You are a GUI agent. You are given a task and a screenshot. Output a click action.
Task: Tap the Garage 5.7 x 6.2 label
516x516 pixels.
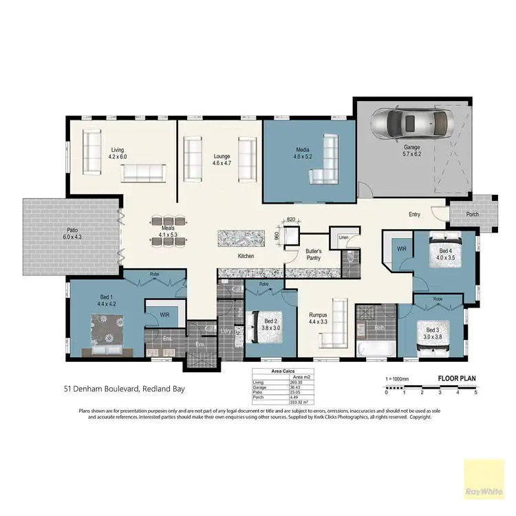tap(412, 151)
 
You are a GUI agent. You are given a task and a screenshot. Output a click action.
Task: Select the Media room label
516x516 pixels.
tap(303, 153)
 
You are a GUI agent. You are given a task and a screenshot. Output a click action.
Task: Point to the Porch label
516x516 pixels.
tap(473, 214)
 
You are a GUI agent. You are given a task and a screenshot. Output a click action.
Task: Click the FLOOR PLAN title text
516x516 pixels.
tap(458, 378)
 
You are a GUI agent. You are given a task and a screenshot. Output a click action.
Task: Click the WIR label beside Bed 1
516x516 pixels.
tap(164, 314)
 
